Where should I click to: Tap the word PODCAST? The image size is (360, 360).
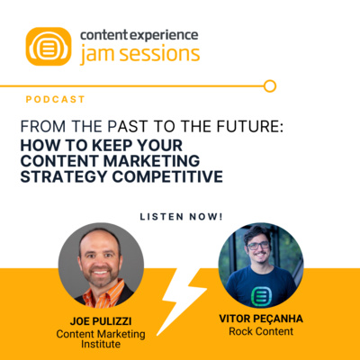(56, 99)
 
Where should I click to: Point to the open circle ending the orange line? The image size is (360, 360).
(268, 86)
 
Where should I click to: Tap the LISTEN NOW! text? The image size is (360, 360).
(180, 217)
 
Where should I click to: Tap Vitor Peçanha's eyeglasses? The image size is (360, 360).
(257, 245)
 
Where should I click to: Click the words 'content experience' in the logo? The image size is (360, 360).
(139, 35)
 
